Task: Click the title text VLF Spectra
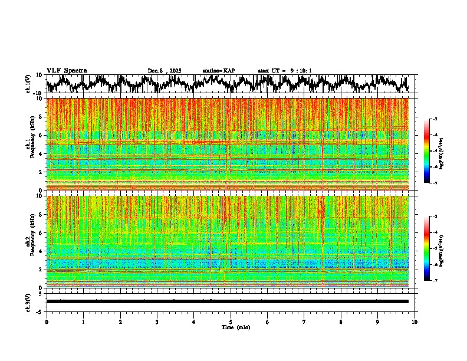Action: click(x=67, y=71)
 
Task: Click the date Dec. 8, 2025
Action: click(x=165, y=71)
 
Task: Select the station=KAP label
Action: click(x=218, y=71)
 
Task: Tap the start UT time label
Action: click(x=285, y=71)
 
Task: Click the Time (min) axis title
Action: click(x=235, y=327)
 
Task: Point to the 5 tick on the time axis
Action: click(x=231, y=321)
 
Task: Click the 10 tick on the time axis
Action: click(x=415, y=321)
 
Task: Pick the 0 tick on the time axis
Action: click(x=47, y=321)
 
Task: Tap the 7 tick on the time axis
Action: click(x=304, y=321)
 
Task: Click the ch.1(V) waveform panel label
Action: click(x=28, y=84)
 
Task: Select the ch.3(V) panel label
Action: click(x=28, y=301)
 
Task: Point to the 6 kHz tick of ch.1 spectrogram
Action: click(x=41, y=135)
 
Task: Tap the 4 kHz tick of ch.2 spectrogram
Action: click(x=41, y=251)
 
